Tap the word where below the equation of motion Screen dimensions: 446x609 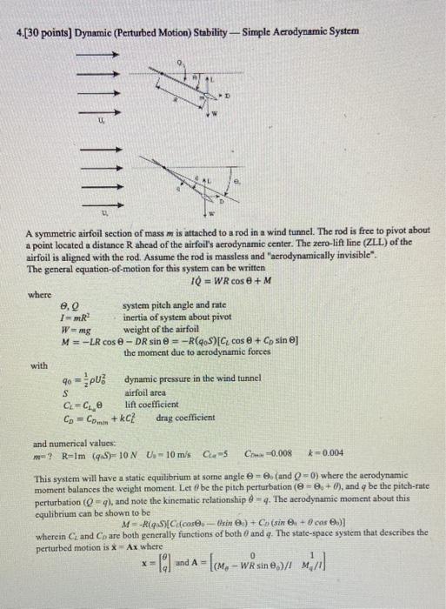point(39,297)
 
